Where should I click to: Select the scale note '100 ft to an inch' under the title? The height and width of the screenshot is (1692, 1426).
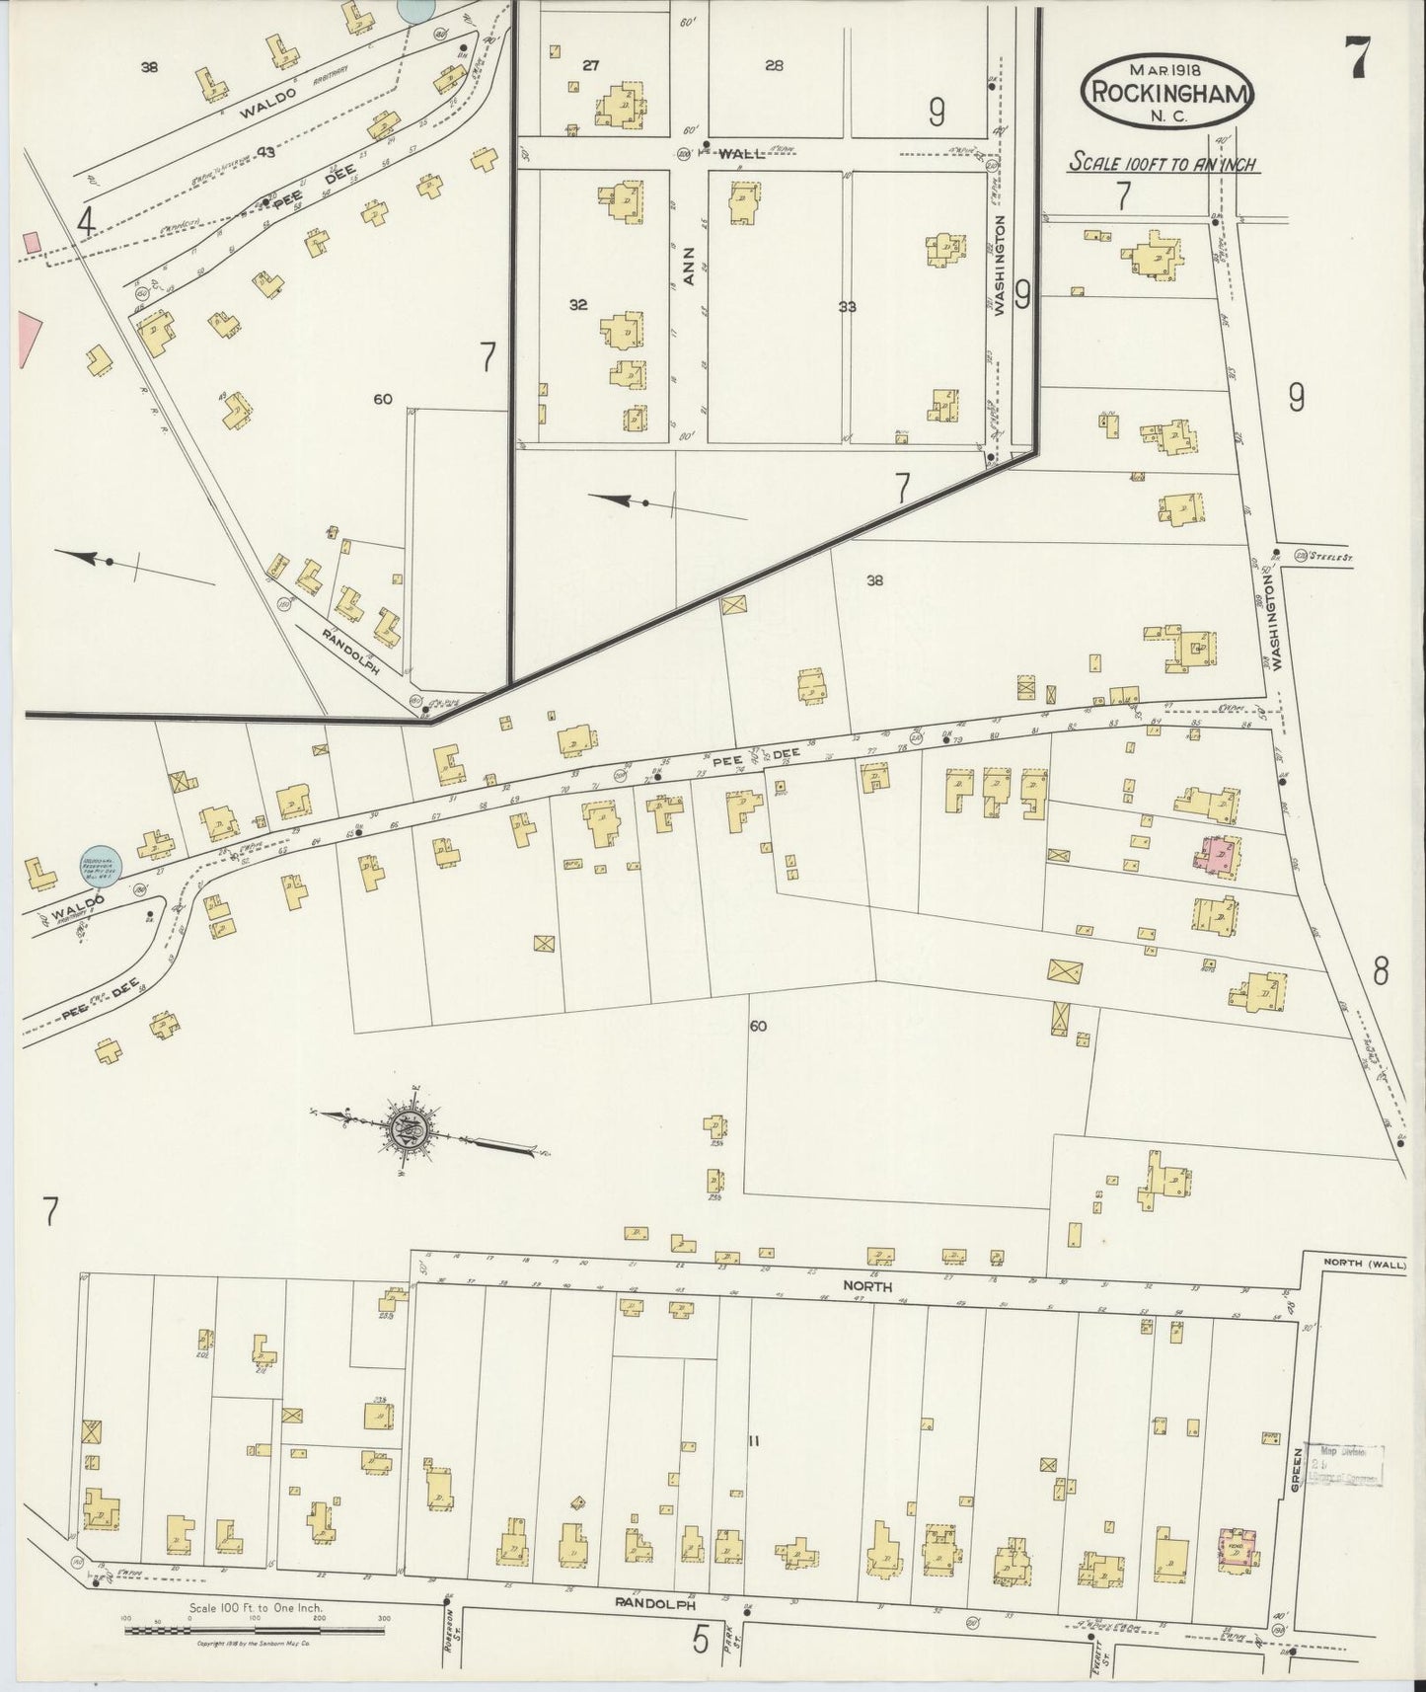(1164, 164)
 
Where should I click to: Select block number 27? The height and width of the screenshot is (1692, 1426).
(590, 66)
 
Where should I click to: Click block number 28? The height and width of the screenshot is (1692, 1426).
(774, 66)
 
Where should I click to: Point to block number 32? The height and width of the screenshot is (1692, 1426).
(577, 305)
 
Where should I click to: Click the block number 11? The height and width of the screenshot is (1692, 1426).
(753, 1441)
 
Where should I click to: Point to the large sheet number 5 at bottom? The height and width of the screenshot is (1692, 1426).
(700, 1640)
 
